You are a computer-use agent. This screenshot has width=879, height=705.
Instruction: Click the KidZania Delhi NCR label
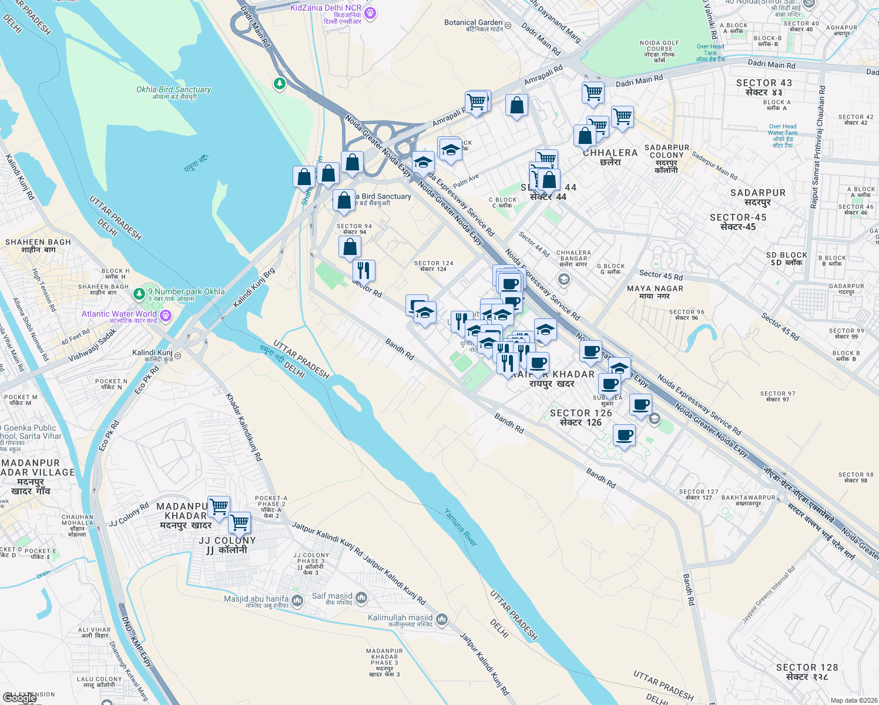(326, 8)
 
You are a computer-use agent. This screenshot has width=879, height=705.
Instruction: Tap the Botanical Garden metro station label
(474, 23)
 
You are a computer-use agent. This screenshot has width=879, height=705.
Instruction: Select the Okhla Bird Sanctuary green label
(173, 90)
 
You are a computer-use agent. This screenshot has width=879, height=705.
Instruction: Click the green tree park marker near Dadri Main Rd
(280, 83)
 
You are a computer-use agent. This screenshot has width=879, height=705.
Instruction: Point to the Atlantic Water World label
(119, 314)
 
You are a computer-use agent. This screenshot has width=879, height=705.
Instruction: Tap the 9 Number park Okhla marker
(139, 293)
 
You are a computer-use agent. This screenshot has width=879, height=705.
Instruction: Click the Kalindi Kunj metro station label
(152, 353)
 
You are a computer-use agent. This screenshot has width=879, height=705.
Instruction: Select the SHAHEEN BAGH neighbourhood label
(38, 242)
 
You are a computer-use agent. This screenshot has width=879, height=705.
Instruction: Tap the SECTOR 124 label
(434, 264)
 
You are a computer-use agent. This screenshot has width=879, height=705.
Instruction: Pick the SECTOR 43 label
(764, 83)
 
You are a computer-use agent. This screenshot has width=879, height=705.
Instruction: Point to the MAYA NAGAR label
(655, 288)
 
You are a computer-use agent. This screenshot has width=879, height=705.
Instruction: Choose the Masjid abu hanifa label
(256, 599)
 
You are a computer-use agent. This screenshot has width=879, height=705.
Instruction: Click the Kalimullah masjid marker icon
(442, 619)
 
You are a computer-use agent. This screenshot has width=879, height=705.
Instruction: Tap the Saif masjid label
(332, 596)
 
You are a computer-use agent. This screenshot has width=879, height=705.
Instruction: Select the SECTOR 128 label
(807, 667)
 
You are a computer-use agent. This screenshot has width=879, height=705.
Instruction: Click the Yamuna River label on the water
(460, 527)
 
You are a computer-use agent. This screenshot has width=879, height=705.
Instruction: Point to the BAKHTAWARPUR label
(749, 498)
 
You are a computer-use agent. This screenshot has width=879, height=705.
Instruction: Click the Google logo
(19, 698)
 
